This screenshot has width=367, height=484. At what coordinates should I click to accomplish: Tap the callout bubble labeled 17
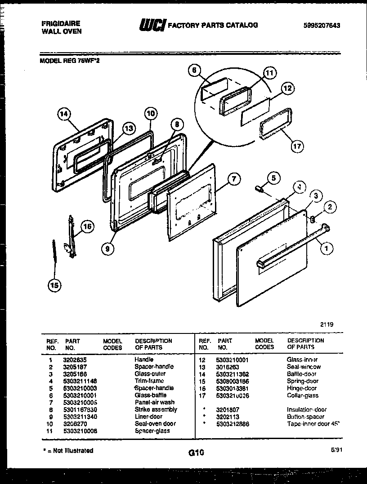[297, 146]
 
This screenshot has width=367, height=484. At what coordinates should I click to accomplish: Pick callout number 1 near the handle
[326, 246]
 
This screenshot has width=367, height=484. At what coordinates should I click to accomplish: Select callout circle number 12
[288, 89]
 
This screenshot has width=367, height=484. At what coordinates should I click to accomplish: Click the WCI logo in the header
[152, 26]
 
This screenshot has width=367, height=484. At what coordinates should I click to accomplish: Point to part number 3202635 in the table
[75, 360]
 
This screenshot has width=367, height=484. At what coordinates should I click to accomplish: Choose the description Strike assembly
[156, 409]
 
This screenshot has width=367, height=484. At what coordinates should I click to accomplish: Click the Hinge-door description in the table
[301, 388]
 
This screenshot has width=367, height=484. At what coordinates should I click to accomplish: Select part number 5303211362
[233, 374]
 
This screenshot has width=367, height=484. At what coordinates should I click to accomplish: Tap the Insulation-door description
[307, 410]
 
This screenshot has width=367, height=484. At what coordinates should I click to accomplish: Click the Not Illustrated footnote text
[68, 450]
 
